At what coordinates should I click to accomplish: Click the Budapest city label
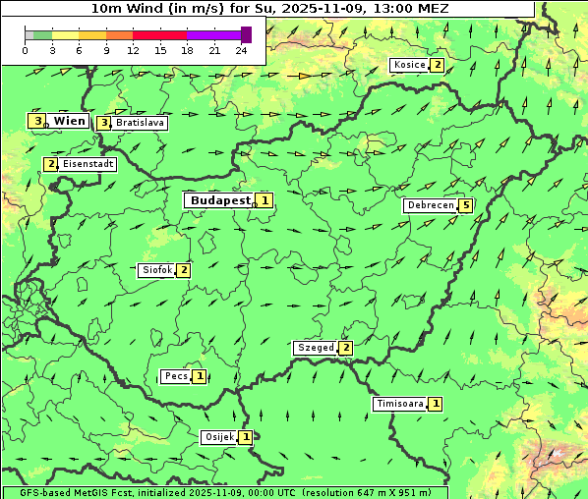tap(219, 199)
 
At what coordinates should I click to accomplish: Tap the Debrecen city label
tap(430, 205)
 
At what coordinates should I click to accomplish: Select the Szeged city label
tap(316, 348)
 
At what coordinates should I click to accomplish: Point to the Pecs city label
tap(177, 376)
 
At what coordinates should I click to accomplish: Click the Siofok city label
tap(157, 269)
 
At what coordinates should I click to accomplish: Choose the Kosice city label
tap(408, 65)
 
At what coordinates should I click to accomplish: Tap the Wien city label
tap(69, 121)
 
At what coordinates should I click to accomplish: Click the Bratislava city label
tap(139, 124)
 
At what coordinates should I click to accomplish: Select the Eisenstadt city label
tap(88, 164)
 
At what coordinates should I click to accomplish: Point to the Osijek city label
tap(219, 437)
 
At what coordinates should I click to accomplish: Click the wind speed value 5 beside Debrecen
tap(466, 205)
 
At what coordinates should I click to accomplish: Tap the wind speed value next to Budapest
tap(265, 200)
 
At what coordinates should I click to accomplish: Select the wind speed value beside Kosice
tap(437, 65)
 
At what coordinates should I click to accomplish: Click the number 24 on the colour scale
tap(241, 50)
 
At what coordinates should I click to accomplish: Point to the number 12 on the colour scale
tap(133, 50)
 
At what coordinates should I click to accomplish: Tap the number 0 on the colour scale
tap(25, 50)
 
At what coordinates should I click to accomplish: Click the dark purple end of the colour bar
tap(247, 34)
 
